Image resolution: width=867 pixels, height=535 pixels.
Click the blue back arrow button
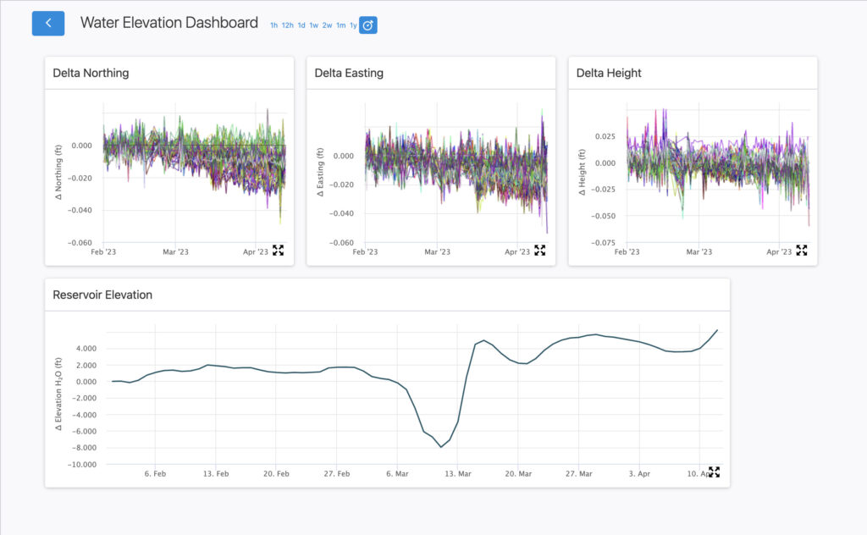pos(48,24)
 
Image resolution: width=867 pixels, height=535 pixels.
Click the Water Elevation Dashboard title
pos(168,24)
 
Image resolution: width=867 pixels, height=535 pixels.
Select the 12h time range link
pos(288,25)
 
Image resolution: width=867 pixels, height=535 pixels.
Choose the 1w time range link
pos(313,25)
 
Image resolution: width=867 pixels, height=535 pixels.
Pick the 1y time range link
pos(353,25)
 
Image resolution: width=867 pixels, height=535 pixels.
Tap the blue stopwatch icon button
pos(368,25)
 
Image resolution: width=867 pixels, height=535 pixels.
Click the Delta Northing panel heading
pos(91,73)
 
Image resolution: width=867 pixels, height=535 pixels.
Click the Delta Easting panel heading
pos(349,73)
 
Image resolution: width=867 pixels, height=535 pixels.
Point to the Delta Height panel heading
pos(609,73)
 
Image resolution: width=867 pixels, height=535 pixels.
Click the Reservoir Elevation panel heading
pos(102,295)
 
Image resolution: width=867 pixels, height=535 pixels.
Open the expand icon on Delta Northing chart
pos(278,250)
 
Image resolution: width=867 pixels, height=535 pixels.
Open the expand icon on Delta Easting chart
pos(539,250)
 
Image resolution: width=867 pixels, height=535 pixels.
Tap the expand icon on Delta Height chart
pos(801,250)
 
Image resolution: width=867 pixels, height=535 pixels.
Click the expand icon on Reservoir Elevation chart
pos(714,472)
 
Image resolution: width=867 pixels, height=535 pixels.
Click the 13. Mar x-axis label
pos(458,474)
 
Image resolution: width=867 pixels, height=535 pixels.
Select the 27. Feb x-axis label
pos(337,474)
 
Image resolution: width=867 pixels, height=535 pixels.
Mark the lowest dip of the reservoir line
pos(441,447)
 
